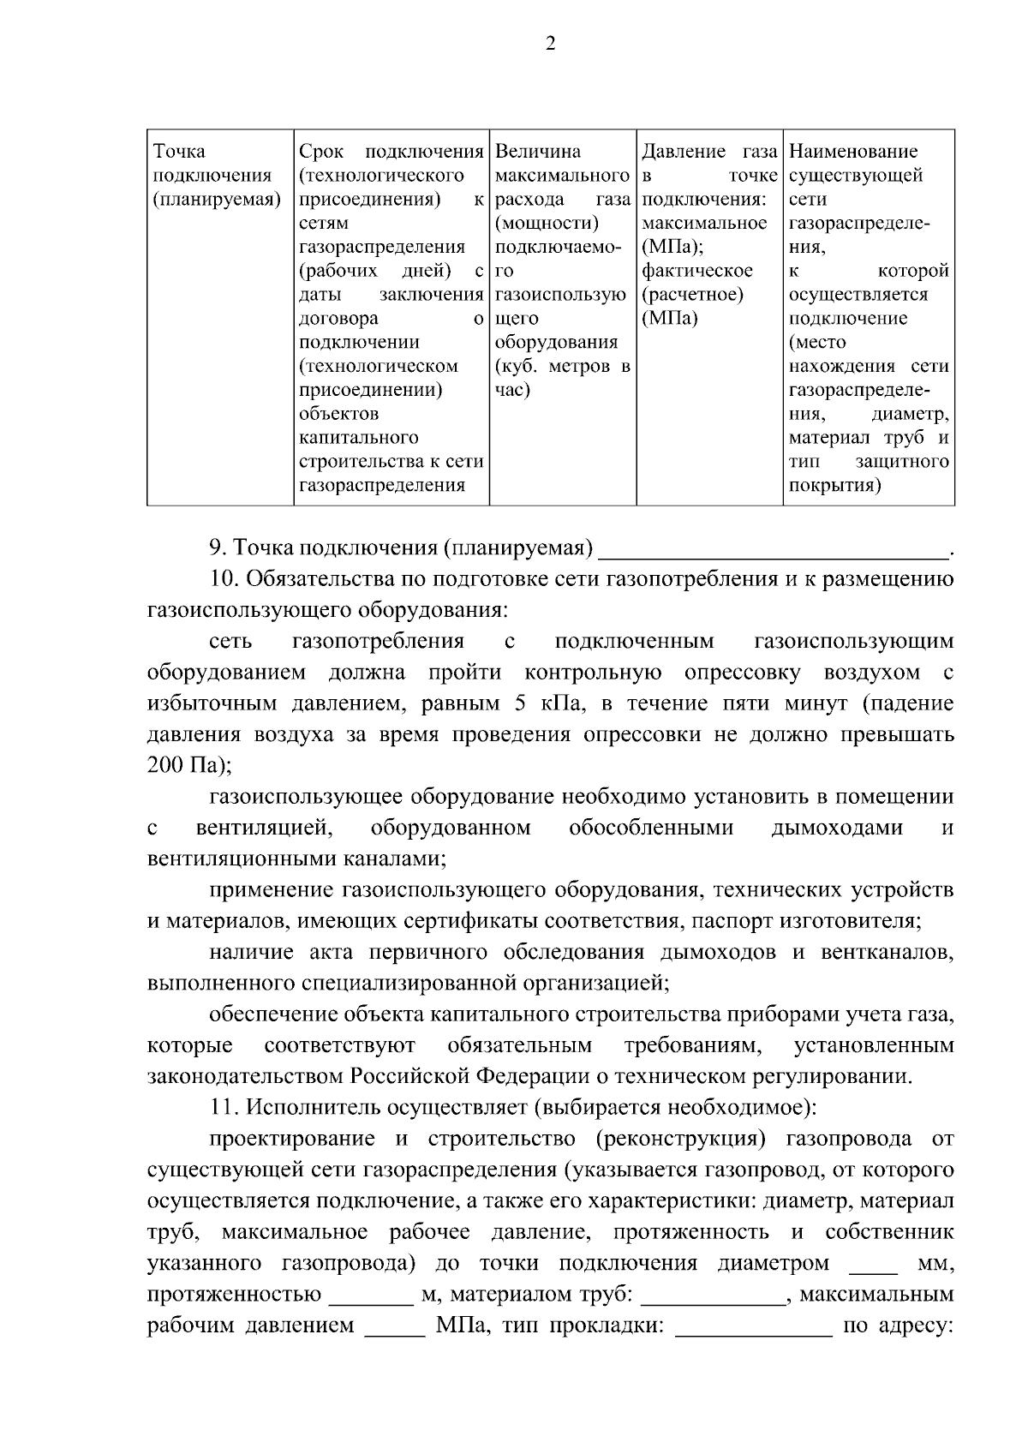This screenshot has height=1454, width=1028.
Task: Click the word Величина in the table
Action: (x=538, y=152)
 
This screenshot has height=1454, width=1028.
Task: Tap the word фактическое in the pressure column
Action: (x=696, y=271)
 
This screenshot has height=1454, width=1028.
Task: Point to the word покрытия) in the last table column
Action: (x=834, y=486)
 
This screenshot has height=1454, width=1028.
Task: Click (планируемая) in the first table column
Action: (x=217, y=200)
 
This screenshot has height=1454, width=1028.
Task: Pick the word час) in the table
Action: (x=513, y=390)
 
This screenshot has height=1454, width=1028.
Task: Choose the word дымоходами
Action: (x=837, y=828)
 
